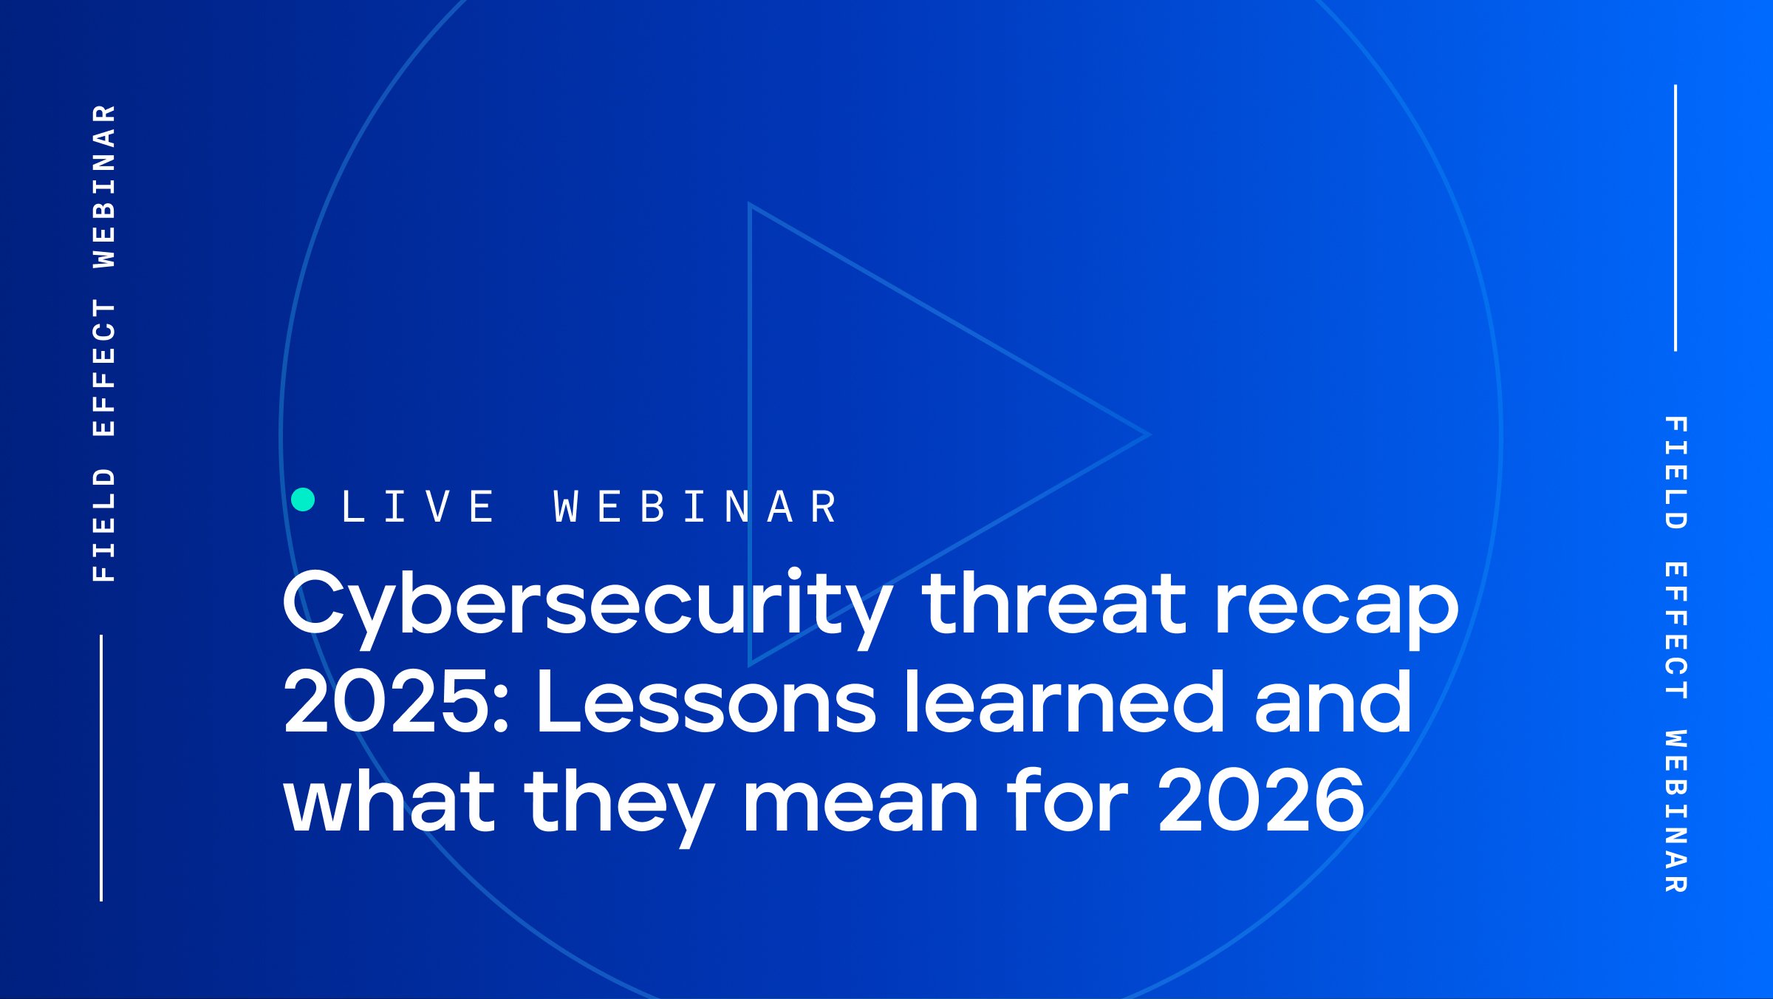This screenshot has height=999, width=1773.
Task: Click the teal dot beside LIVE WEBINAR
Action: [x=303, y=500]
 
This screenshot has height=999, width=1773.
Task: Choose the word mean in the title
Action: [x=861, y=802]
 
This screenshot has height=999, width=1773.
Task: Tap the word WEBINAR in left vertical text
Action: [x=104, y=185]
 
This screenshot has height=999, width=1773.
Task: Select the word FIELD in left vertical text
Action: [x=104, y=525]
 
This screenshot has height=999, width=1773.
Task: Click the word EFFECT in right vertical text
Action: [x=1675, y=630]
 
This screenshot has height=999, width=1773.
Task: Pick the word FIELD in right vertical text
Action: [x=1675, y=473]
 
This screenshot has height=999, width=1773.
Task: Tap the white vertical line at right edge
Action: [x=1675, y=218]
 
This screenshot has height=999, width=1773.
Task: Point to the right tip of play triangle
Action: [x=1147, y=434]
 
